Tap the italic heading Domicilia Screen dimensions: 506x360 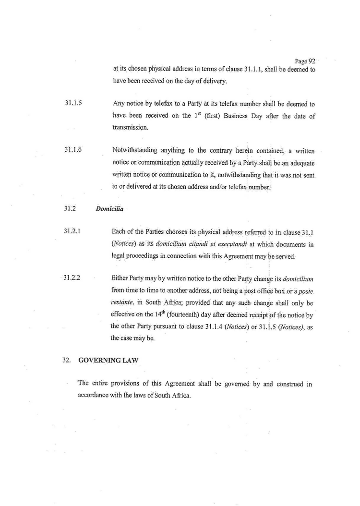click(110, 209)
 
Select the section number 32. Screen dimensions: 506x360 click(67, 360)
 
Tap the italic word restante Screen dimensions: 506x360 click(124, 303)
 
